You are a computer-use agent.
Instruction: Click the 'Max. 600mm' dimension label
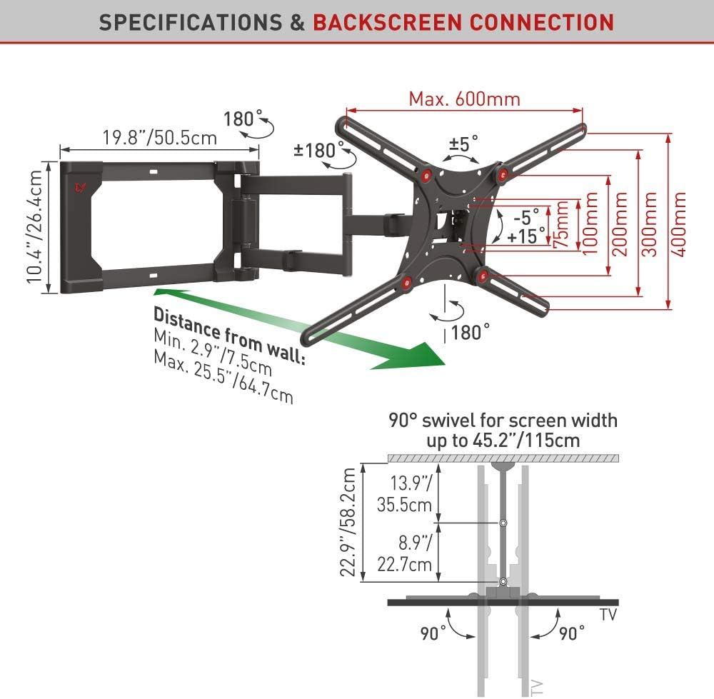[x=464, y=99]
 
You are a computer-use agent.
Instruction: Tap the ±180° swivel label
[x=315, y=150]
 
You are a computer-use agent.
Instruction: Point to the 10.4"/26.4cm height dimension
[x=35, y=226]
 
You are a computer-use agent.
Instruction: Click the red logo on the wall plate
[x=79, y=188]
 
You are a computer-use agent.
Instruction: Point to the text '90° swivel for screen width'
[x=503, y=420]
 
